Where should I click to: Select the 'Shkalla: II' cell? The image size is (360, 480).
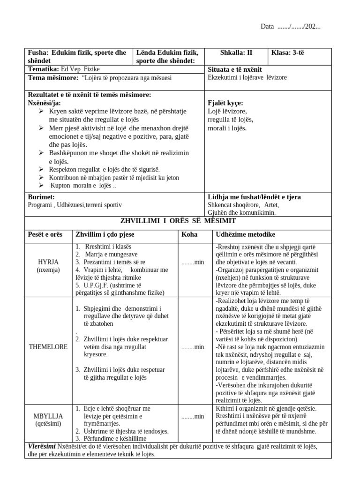(236, 52)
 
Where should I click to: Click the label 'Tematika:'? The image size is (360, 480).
(41, 69)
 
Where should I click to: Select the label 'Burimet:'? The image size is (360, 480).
(42, 197)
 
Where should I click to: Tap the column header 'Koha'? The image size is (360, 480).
(189, 234)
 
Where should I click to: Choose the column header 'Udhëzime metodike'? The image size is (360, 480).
(245, 234)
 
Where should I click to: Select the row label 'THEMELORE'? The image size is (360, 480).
(49, 347)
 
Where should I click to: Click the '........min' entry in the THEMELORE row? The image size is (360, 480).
(193, 347)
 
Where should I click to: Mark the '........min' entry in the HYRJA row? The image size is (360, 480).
(193, 262)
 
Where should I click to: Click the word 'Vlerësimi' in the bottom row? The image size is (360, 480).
(42, 447)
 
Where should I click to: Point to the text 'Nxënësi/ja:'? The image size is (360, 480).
(45, 103)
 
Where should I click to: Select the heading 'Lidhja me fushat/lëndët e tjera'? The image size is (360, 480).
(254, 197)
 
